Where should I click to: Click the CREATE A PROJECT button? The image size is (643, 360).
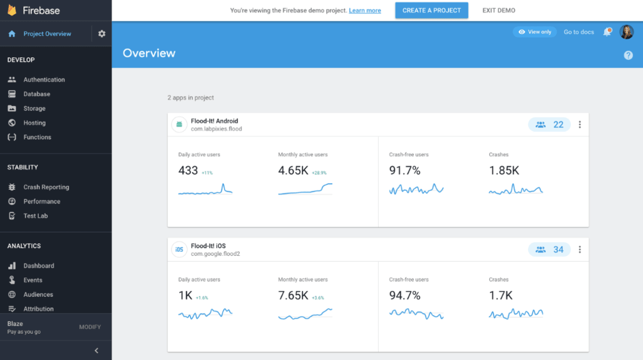431,11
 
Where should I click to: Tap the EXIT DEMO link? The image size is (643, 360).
499,11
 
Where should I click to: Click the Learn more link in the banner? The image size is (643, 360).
365,11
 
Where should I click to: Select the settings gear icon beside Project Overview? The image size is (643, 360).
102,34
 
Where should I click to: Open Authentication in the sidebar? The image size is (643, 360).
44,80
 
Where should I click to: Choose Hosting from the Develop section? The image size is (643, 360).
35,123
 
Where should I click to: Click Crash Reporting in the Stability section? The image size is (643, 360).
46,187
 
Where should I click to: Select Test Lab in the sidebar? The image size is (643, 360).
35,216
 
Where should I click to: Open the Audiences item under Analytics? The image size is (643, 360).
38,295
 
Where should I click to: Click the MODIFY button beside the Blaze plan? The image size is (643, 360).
90,327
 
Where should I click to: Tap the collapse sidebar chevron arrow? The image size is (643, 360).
96,350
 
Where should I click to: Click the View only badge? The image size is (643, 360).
535,32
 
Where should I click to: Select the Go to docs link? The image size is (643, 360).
579,32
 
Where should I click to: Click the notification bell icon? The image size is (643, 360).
607,32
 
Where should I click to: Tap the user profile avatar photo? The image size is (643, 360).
626,32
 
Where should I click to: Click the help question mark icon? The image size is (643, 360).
628,55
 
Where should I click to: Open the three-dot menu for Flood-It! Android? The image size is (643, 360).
580,125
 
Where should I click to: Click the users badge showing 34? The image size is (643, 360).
550,250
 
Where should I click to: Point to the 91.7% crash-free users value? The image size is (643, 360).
405,171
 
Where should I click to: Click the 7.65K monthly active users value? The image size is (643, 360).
293,296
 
